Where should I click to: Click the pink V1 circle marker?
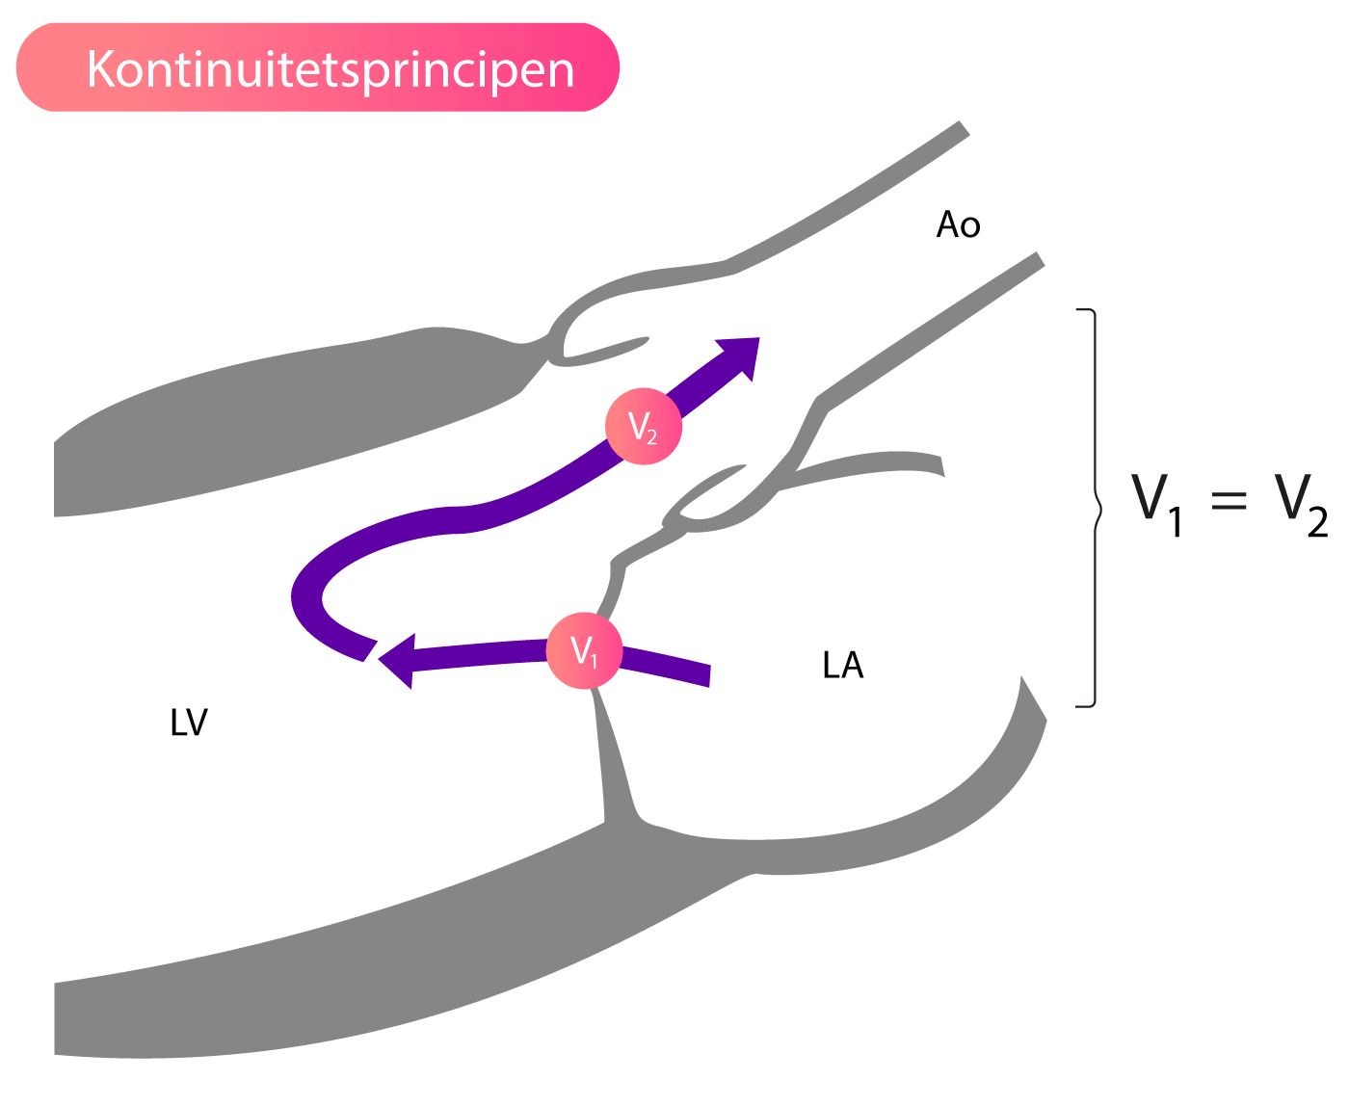tap(583, 650)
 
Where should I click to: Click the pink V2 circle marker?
tap(643, 426)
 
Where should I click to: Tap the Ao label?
tap(958, 224)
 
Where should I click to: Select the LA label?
tap(842, 665)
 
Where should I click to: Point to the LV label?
tap(189, 723)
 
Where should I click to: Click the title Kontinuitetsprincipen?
tap(331, 69)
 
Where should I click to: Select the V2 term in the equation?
tap(1302, 505)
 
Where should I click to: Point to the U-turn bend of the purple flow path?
tap(306, 594)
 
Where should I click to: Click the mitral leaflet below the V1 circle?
tap(611, 754)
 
